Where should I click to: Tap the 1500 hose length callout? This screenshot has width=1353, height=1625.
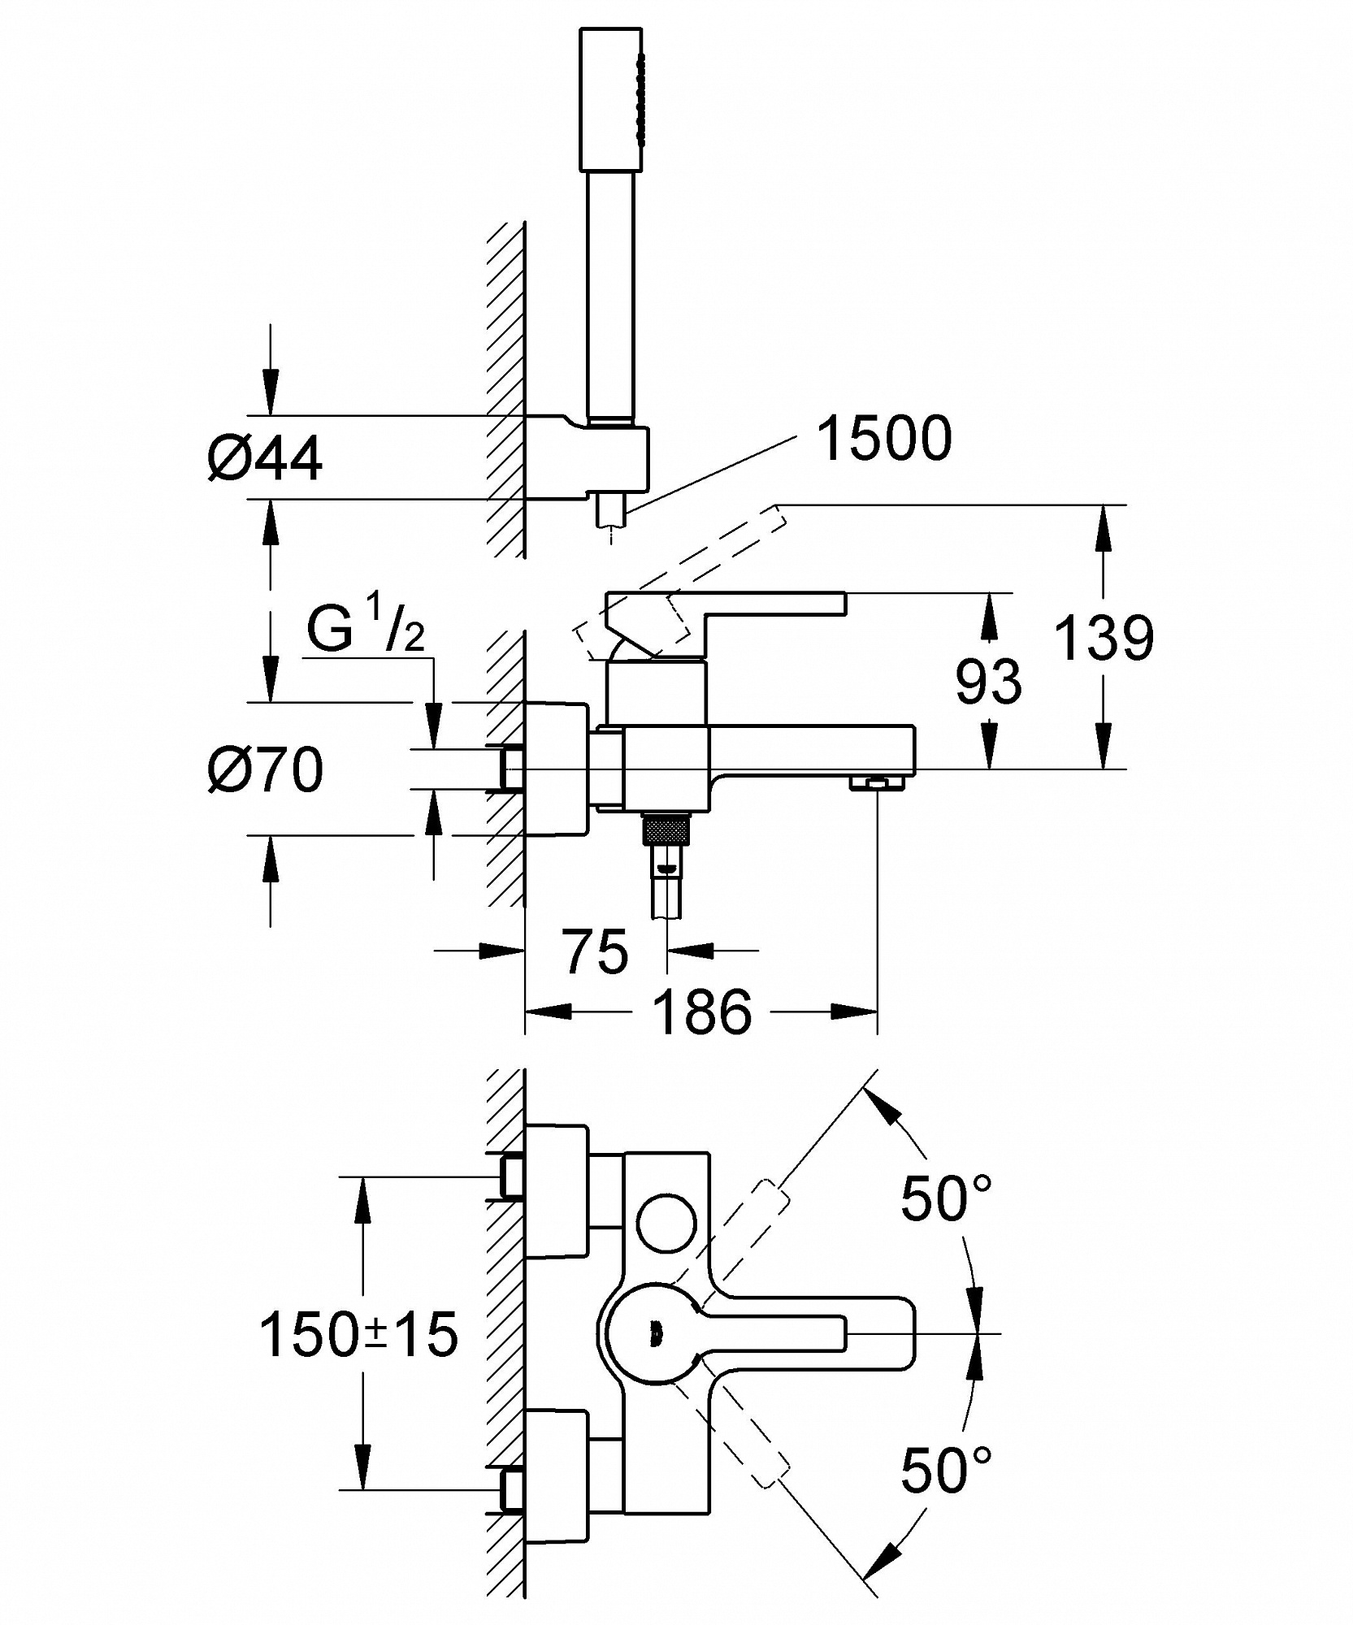tap(884, 440)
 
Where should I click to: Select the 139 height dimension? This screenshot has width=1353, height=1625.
tap(1104, 638)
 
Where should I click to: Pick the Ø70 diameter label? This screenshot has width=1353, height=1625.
tap(265, 769)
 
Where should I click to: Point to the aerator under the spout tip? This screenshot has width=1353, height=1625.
tap(877, 782)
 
